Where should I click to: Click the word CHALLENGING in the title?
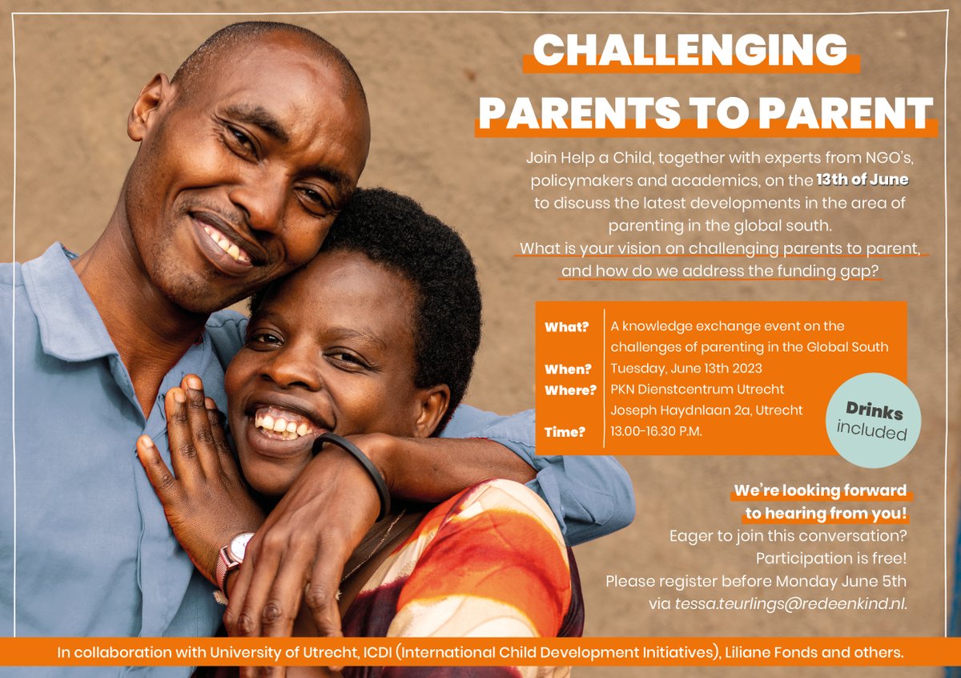point(690,51)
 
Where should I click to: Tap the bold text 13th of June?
point(862,180)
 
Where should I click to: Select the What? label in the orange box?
point(566,327)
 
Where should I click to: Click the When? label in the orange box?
point(568,369)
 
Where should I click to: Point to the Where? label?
point(571,390)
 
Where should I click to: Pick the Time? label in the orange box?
point(565,432)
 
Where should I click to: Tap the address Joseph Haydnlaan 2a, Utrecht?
point(706,411)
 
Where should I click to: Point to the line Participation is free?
point(830,557)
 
